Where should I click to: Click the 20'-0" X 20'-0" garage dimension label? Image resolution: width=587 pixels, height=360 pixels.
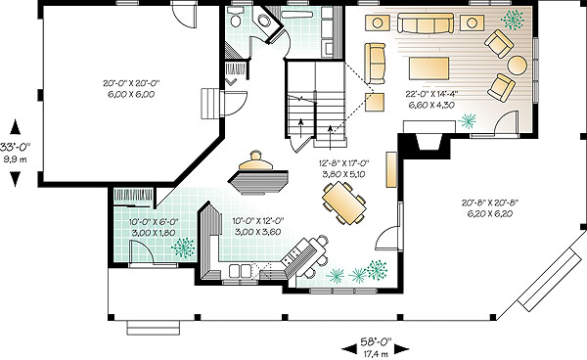tap(134, 83)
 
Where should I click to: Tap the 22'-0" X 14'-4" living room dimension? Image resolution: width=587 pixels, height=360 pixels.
tap(431, 94)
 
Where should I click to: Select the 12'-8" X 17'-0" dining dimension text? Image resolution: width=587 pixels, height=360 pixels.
tap(343, 163)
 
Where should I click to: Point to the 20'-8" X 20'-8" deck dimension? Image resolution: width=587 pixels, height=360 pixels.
tap(489, 202)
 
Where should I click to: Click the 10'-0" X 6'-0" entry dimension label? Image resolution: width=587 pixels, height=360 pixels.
tap(154, 222)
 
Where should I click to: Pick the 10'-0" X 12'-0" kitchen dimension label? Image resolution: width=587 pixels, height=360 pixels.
tap(258, 221)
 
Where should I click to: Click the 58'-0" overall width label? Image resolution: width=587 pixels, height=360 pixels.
tap(376, 341)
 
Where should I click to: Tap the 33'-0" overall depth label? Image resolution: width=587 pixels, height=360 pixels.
tap(16, 147)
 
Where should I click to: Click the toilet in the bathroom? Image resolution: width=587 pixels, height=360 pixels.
tap(236, 18)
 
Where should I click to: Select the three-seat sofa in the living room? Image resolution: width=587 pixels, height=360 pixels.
tap(426, 22)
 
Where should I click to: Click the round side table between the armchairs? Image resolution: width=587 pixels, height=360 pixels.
tap(517, 65)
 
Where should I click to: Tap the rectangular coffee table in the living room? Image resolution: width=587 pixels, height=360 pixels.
tap(429, 68)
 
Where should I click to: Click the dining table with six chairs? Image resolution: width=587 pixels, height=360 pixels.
tap(344, 202)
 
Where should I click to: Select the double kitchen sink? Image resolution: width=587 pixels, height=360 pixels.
tap(241, 271)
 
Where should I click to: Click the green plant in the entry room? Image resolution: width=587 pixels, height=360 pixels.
tap(183, 247)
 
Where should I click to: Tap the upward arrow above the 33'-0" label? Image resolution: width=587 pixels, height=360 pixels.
tap(15, 126)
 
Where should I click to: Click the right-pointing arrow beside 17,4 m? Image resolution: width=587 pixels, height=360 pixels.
tap(402, 349)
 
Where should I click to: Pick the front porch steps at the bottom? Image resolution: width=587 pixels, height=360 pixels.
tap(154, 328)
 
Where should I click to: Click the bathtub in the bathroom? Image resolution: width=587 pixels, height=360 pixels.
tap(296, 15)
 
